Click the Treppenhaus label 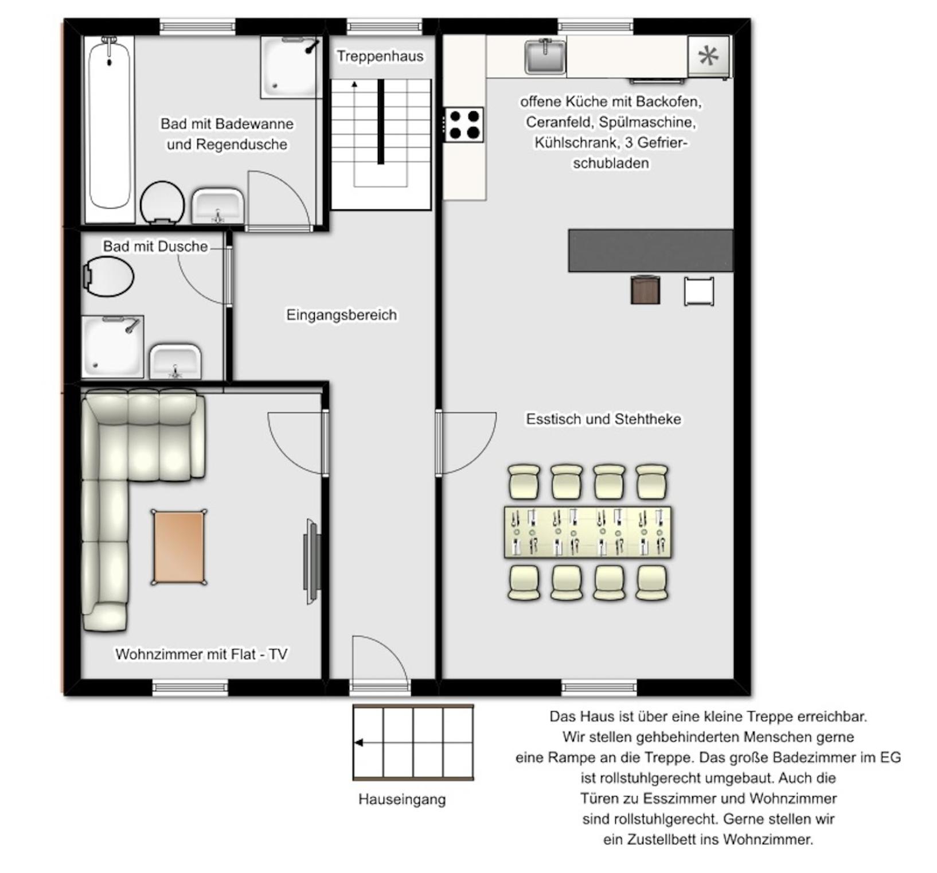click(x=380, y=56)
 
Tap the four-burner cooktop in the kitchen click(x=464, y=124)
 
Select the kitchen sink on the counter click(x=545, y=56)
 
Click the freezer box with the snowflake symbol click(x=709, y=56)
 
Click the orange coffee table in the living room click(x=179, y=547)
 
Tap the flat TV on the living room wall click(x=312, y=562)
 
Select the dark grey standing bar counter click(x=651, y=251)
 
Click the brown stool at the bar click(x=645, y=290)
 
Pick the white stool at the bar click(x=699, y=291)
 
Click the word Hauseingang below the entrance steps click(x=401, y=799)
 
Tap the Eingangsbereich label click(x=342, y=314)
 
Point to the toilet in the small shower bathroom click(x=108, y=276)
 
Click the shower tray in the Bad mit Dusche click(x=112, y=346)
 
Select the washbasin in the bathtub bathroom click(x=218, y=205)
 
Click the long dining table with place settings click(x=588, y=532)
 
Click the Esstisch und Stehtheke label click(x=604, y=419)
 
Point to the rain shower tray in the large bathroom click(x=290, y=67)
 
